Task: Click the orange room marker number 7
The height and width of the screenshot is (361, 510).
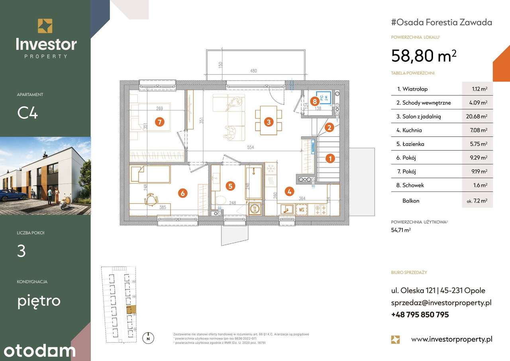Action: click(159, 122)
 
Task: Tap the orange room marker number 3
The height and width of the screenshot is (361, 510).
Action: click(269, 122)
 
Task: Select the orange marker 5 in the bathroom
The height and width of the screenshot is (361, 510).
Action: click(230, 185)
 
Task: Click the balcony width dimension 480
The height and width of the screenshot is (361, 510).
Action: click(253, 71)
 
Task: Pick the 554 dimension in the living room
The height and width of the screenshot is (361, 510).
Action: click(250, 147)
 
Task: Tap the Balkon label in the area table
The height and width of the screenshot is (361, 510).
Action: click(410, 201)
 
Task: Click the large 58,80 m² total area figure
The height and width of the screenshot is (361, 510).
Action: click(424, 56)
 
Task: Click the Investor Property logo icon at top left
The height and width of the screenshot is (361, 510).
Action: click(45, 26)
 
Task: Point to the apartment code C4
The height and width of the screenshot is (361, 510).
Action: click(27, 113)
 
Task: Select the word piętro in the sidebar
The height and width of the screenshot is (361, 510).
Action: click(39, 300)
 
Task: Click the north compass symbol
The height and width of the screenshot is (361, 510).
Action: click(148, 338)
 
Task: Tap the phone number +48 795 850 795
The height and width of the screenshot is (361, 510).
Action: click(420, 314)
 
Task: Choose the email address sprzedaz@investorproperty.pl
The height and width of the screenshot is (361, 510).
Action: click(441, 303)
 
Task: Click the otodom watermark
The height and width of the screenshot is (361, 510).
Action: click(38, 351)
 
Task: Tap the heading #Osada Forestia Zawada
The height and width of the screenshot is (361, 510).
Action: click(441, 22)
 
